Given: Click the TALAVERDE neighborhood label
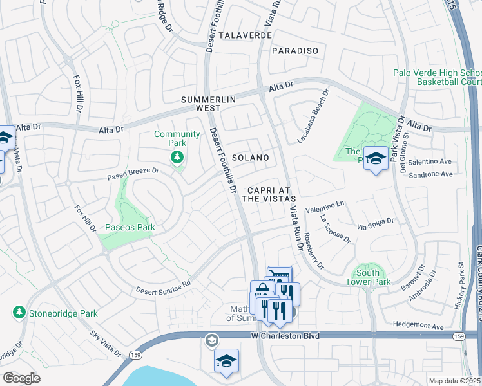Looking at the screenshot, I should click(245, 35).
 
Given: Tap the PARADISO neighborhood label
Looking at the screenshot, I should click(295, 50).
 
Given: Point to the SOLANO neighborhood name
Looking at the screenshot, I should click(250, 158).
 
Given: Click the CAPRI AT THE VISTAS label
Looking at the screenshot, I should click(269, 195).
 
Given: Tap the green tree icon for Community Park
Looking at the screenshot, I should click(177, 157).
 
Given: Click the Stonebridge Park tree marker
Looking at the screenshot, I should click(19, 313).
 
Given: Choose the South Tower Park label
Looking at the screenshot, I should click(368, 277).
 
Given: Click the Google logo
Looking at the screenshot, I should click(21, 378).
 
